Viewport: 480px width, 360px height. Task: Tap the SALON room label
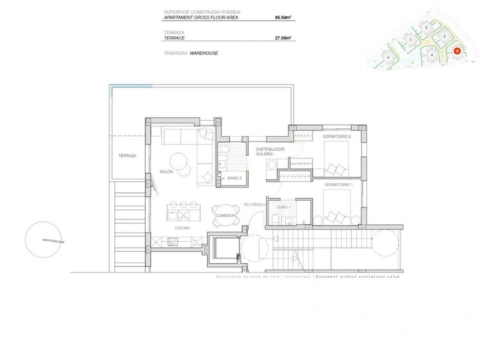166,171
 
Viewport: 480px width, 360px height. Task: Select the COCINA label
182,228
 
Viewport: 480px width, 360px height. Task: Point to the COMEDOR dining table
224,215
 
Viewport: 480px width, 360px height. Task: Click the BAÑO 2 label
235,178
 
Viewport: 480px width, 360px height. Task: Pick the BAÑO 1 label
284,206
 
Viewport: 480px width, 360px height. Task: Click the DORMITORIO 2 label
337,136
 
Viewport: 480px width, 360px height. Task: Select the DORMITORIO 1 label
338,185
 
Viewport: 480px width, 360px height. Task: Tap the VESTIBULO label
255,204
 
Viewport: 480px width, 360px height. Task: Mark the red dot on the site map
457,51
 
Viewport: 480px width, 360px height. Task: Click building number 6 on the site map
389,57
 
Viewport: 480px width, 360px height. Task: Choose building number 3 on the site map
427,28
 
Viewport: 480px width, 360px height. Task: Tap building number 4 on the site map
432,54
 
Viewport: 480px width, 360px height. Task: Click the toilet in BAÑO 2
226,152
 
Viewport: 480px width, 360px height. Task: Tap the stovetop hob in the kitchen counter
184,214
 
